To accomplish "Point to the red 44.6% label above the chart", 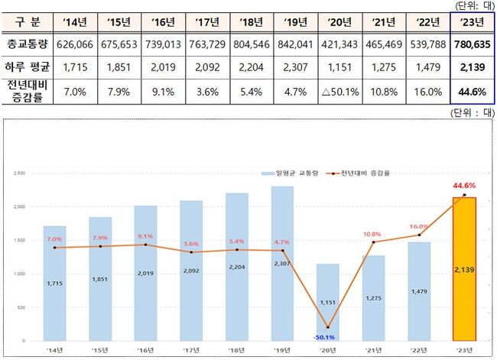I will [465, 185].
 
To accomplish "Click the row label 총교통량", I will [26, 44].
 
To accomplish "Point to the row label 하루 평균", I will [26, 68].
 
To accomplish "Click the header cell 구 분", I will [26, 21].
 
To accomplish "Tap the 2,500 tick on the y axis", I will [21, 173].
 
